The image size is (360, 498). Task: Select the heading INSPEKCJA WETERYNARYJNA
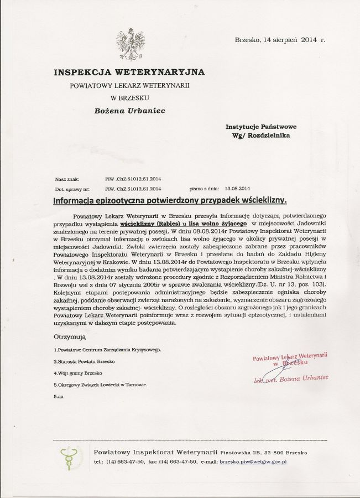129,72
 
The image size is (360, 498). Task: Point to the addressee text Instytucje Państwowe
261,127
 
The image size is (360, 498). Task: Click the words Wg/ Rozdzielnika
261,135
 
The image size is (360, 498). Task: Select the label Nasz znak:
67,179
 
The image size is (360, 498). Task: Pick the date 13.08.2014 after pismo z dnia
238,188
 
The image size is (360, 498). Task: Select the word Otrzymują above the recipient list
70,336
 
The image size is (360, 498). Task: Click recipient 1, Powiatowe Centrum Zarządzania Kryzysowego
107,350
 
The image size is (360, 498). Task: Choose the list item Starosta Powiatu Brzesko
84,361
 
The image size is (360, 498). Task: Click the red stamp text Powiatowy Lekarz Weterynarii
290,356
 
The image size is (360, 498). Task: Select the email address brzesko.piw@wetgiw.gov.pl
253,461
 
